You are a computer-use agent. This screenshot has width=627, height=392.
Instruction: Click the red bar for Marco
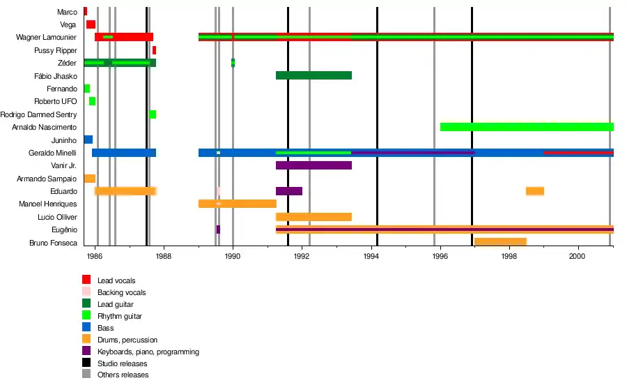85,11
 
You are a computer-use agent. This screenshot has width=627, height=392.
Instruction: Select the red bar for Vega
91,24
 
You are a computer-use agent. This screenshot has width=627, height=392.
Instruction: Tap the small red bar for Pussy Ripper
154,50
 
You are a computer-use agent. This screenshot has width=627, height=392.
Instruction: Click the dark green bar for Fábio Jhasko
313,75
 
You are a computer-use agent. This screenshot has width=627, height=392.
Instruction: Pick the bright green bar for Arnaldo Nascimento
527,127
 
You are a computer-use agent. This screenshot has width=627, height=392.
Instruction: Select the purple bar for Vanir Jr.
313,165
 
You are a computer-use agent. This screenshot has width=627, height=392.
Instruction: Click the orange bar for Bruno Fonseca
500,242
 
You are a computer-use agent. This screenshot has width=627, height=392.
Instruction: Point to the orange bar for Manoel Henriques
237,204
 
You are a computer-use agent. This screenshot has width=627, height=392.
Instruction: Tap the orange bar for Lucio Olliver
313,217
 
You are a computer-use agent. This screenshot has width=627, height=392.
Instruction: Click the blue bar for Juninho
88,140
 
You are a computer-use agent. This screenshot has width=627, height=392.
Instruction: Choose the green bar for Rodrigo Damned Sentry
153,114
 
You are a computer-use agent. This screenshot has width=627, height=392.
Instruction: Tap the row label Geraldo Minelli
53,153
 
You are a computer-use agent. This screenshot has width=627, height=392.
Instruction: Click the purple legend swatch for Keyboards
86,351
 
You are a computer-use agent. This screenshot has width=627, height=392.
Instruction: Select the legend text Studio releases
122,363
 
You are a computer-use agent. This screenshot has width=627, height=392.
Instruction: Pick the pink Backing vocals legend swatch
86,292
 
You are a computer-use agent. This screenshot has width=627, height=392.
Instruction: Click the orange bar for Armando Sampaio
89,179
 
